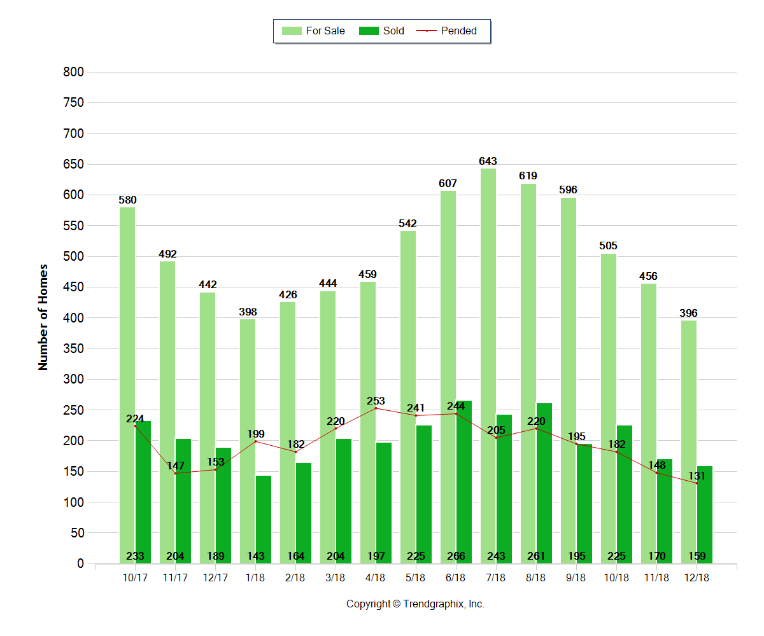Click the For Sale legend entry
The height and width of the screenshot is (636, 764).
[313, 31]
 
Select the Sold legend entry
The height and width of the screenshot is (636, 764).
[382, 31]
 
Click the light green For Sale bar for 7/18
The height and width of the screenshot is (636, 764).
[488, 366]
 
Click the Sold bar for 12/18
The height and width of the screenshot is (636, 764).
[705, 515]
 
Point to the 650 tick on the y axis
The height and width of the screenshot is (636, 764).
[74, 164]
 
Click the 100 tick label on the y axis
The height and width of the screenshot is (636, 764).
[74, 502]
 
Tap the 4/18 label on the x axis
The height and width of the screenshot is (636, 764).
[376, 577]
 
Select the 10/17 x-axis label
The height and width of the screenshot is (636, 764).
[135, 577]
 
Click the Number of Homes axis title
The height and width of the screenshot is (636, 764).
[43, 317]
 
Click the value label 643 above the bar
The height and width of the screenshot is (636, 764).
[488, 161]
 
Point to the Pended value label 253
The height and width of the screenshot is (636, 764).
[376, 401]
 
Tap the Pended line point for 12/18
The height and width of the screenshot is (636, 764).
[697, 483]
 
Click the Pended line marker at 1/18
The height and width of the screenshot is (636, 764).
[256, 441]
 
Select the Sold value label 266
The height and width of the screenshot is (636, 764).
[456, 556]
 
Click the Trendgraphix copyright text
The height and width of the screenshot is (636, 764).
[415, 604]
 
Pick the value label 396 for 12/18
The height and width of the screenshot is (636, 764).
[688, 313]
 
